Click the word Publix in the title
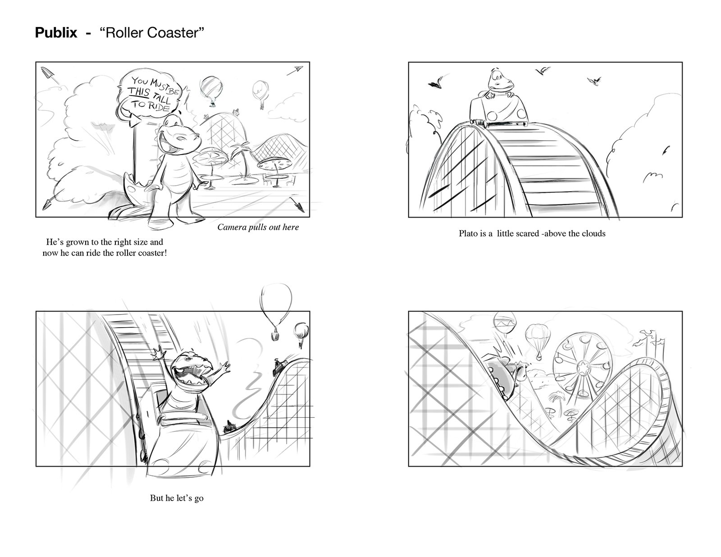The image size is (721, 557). (x=56, y=33)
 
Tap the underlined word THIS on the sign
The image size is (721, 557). (x=139, y=91)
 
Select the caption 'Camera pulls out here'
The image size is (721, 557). (x=258, y=227)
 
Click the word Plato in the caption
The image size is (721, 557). (x=468, y=233)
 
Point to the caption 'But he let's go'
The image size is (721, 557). (x=177, y=498)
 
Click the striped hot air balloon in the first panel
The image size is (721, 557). (x=211, y=89)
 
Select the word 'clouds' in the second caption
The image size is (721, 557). (x=593, y=233)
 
